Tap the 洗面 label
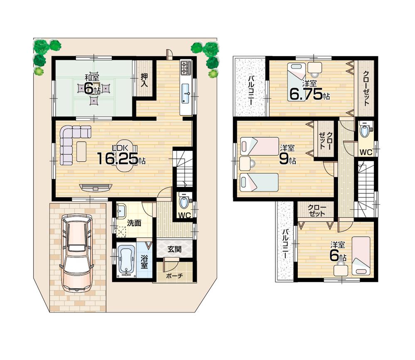tap(134, 223)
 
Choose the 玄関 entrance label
tap(174, 249)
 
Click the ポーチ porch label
tap(174, 276)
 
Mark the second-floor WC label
tap(366, 152)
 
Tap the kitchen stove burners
tap(185, 67)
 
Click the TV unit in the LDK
tap(96, 187)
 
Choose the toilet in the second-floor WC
tap(365, 131)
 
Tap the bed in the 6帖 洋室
tap(361, 256)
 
